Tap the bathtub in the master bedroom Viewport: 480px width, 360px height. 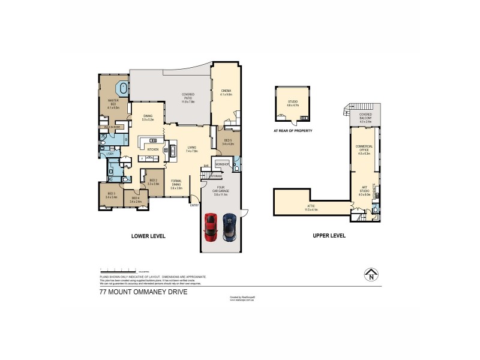click(x=124, y=89)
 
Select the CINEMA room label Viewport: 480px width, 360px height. click(x=226, y=91)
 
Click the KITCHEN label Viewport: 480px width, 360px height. click(x=153, y=149)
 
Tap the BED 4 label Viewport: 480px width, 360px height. click(x=134, y=199)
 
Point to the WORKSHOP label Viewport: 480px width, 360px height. click(x=223, y=164)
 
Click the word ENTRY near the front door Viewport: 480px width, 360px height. click(x=194, y=205)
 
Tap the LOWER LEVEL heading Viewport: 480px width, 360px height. click(x=148, y=236)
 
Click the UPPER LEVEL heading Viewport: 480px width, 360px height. click(x=329, y=236)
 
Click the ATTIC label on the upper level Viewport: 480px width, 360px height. click(x=311, y=207)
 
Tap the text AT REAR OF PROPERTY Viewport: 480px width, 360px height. click(x=293, y=130)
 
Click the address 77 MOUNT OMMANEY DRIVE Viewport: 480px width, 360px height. click(x=143, y=292)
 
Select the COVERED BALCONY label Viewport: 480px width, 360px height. click(x=365, y=116)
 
